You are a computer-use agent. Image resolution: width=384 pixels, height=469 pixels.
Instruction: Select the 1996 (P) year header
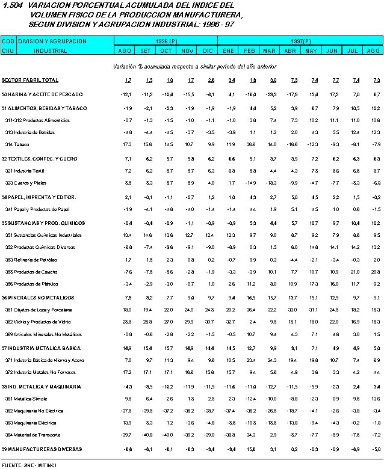tap(165, 41)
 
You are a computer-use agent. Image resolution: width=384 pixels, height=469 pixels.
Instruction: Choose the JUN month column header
tap(331, 51)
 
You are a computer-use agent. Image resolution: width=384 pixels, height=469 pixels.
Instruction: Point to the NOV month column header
tap(188, 51)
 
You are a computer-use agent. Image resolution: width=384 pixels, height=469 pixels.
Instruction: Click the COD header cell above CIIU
tap(8, 41)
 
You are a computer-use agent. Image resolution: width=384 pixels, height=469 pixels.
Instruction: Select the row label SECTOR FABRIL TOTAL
tap(30, 80)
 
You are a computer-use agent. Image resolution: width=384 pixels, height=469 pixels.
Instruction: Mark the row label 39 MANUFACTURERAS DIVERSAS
tap(42, 449)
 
